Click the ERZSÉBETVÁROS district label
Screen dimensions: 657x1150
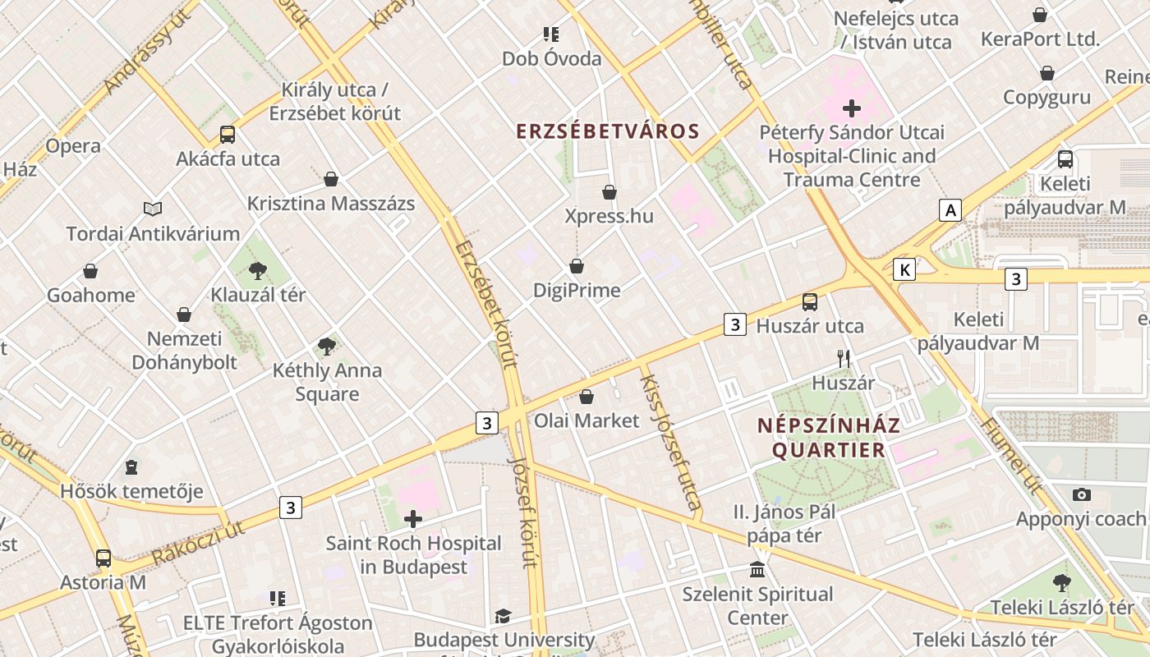608,131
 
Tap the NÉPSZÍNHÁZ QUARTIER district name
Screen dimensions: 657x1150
829,438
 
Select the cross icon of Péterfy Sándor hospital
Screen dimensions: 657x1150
852,108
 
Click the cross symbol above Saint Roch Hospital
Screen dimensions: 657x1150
413,519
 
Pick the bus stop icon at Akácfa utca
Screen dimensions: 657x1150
228,135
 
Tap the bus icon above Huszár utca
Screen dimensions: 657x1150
810,302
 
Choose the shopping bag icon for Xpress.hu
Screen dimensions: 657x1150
609,192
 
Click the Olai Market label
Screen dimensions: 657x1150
586,420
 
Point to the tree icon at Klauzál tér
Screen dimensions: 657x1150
258,270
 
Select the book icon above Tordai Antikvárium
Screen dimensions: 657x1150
153,209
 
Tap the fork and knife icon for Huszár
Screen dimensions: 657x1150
843,358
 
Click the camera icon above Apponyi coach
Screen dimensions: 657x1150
1082,494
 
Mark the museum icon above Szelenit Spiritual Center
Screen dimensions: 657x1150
757,569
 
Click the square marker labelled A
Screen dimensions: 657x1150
950,210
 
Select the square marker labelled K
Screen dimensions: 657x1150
904,269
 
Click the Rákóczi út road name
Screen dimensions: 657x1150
199,544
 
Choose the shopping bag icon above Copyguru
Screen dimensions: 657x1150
1047,73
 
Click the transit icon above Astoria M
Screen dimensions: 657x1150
103,558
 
